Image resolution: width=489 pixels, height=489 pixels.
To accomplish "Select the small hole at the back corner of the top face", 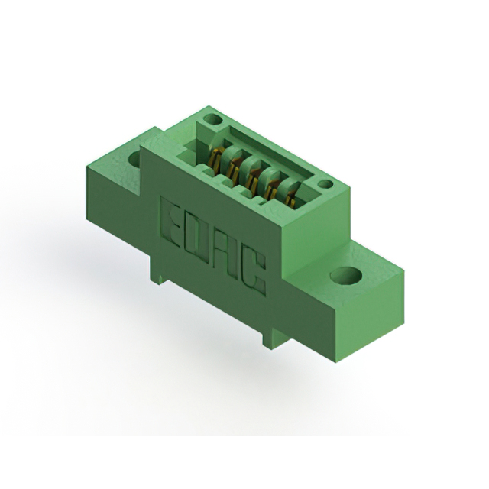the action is pos(213,119).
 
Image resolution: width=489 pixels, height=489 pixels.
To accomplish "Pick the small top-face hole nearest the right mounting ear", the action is pos(325,184).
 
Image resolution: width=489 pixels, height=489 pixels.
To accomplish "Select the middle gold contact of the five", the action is pos(251,180).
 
